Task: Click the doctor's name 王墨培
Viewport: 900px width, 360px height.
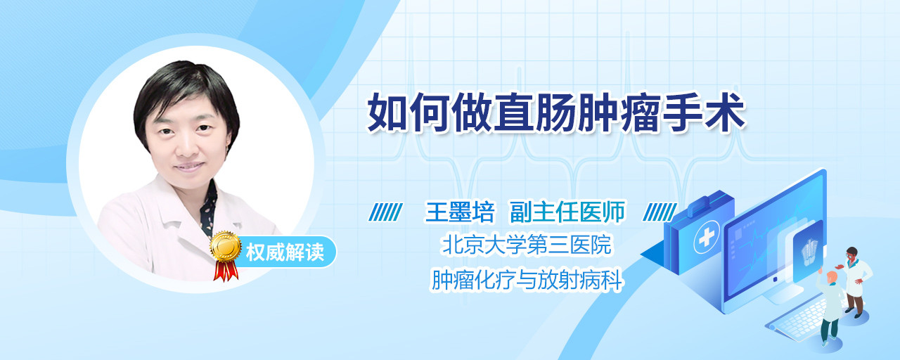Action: click(460, 212)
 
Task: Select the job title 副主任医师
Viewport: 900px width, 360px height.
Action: click(567, 212)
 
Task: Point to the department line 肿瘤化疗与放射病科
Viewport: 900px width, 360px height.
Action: click(527, 280)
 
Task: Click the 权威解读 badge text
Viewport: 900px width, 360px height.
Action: click(285, 252)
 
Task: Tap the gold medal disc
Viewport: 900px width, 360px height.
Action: click(226, 246)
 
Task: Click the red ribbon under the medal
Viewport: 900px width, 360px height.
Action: click(226, 271)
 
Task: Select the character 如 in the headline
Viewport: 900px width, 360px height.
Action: click(387, 112)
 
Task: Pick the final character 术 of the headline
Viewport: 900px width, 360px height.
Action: click(724, 112)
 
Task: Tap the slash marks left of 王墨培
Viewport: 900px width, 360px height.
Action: click(385, 212)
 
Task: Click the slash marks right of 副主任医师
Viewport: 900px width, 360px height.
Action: click(660, 212)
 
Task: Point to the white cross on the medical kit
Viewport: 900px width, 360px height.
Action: click(706, 238)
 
